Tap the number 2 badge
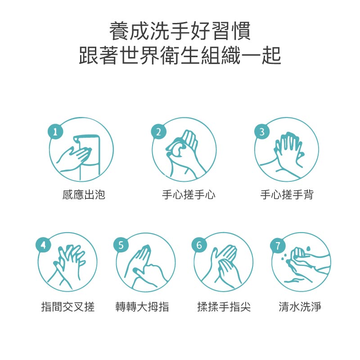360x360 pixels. tap(158, 132)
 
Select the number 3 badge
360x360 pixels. tap(262, 132)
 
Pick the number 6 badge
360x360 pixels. tap(199, 245)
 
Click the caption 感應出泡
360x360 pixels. tap(84, 195)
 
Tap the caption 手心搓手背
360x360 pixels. tap(287, 195)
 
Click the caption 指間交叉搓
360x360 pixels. tap(68, 307)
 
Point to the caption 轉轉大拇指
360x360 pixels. tap(143, 307)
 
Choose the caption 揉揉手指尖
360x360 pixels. tap(224, 307)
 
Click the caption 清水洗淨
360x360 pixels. tap(300, 307)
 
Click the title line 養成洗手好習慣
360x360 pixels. tap(180, 32)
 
